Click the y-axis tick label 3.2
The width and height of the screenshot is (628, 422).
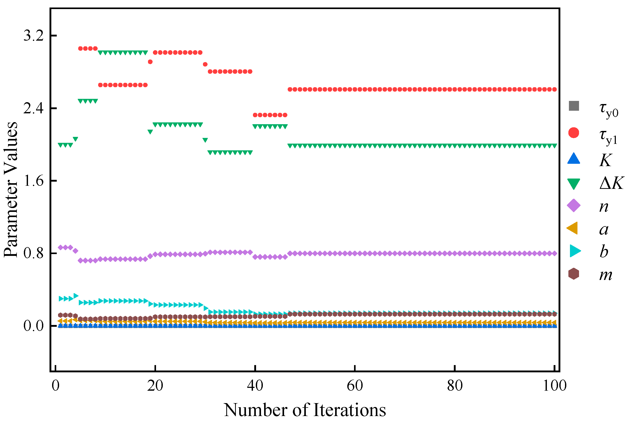coord(33,35)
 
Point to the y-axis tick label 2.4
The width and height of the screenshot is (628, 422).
coord(33,108)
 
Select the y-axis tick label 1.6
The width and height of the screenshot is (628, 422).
coord(33,181)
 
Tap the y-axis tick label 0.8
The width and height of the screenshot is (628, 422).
coord(33,253)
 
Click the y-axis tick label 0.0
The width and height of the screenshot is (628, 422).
coord(33,326)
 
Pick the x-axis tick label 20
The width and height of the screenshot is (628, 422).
coord(155,386)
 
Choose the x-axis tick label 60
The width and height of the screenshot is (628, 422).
coord(355,386)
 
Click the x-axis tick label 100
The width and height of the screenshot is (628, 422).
coord(554,386)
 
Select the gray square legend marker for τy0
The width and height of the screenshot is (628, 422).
coord(574,106)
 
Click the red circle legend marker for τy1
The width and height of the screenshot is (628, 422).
coord(574,133)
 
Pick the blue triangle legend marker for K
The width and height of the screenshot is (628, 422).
coord(574,159)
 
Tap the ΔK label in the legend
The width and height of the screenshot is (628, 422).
coord(611,183)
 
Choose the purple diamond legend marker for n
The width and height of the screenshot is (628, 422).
coord(574,206)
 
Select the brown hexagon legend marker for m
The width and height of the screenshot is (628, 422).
coord(574,274)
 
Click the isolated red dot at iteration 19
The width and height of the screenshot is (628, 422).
coord(150,62)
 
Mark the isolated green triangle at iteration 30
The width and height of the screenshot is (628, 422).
coord(205,140)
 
